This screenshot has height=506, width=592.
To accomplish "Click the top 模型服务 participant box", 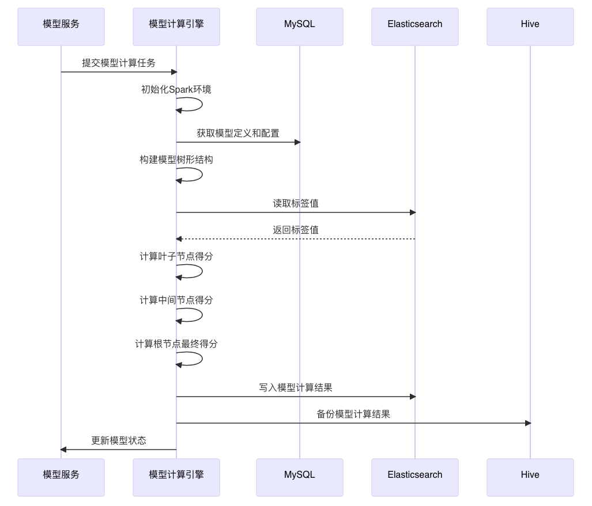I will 61,26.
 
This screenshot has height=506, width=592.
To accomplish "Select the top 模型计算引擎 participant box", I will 176,26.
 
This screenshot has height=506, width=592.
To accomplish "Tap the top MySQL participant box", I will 300,26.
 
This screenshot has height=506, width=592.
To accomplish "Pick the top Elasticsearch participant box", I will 415,26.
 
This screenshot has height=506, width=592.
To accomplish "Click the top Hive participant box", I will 530,26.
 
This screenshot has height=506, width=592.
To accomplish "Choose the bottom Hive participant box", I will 530,477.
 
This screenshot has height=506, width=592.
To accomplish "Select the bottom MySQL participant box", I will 300,477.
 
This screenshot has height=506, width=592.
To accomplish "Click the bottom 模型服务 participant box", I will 61,477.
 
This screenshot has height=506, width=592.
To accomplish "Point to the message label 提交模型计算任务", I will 119,63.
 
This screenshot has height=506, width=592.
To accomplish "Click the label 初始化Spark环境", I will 176,89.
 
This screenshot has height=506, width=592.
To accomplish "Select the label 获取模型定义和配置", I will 238,133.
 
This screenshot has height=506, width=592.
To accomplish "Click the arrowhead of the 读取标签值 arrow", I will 412,212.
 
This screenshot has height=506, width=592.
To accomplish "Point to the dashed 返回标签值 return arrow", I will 296,239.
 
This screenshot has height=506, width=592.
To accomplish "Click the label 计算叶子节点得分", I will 176,256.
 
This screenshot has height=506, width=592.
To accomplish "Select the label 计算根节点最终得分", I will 176,344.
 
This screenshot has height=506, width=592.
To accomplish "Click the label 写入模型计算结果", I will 296,387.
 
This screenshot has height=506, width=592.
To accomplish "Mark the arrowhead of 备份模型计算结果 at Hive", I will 527,423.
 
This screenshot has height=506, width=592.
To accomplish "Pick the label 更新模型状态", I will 119,440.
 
